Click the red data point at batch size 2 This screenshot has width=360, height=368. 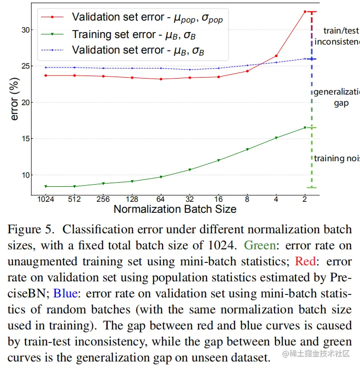pyautogui.click(x=305, y=12)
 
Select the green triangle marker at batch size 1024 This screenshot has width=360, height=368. pyautogui.click(x=45, y=186)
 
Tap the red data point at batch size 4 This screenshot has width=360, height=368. pyautogui.click(x=276, y=56)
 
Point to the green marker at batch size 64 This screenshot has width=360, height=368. pyautogui.click(x=161, y=177)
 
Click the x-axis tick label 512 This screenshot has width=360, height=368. pyautogui.click(x=74, y=199)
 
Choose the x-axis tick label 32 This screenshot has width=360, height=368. pyautogui.click(x=190, y=199)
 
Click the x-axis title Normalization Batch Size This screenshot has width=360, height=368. pyautogui.click(x=175, y=209)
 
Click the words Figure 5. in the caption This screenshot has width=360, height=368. pyautogui.click(x=30, y=230)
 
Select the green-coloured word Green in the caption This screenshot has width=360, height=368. pyautogui.click(x=259, y=246)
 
